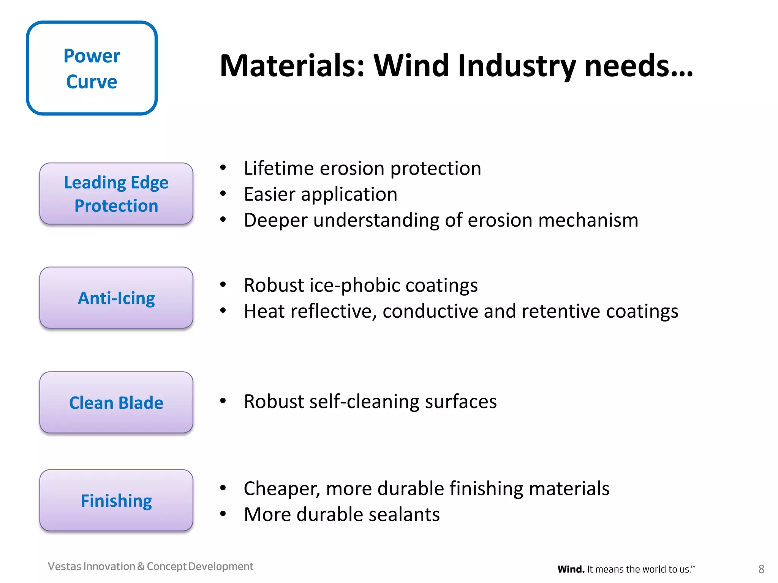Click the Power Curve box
click(x=92, y=68)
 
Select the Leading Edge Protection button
click(x=116, y=194)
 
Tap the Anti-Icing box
click(x=116, y=298)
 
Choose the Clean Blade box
click(x=116, y=402)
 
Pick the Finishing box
click(x=116, y=500)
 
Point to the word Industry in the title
click(x=517, y=66)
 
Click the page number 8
click(x=761, y=569)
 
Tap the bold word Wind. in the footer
click(x=571, y=569)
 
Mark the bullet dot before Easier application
click(x=223, y=194)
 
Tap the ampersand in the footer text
click(x=141, y=566)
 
